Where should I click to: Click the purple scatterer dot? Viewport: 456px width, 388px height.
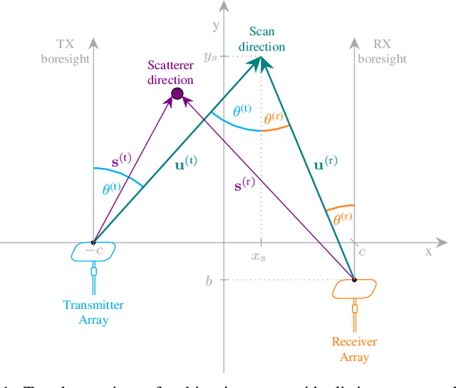(x=177, y=93)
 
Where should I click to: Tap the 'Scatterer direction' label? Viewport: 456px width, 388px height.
(x=170, y=73)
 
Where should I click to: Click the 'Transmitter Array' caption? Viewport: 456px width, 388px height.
(x=93, y=313)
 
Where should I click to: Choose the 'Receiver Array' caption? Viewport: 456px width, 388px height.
(x=354, y=349)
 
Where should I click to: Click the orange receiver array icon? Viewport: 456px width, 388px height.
(x=354, y=288)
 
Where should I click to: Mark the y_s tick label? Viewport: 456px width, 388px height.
(x=210, y=56)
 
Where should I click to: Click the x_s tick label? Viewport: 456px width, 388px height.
(x=261, y=255)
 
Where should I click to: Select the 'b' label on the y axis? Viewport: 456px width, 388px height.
(x=209, y=280)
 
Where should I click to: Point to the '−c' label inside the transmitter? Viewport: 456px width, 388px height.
(x=94, y=251)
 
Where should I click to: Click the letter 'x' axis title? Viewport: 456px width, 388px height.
(x=429, y=251)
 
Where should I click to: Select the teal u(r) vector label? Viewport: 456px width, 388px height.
(x=325, y=164)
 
